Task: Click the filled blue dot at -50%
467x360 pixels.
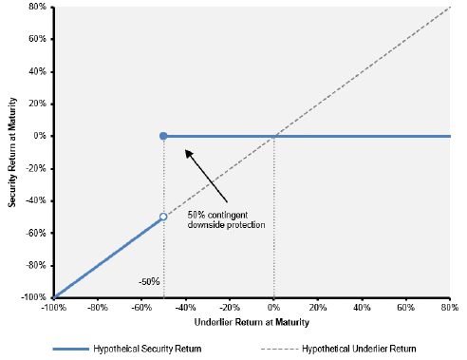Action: (163, 136)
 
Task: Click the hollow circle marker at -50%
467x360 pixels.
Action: (163, 217)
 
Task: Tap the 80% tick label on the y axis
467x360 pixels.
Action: (37, 7)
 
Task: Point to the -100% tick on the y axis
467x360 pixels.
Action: (33, 297)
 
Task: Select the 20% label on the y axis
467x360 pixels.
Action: (37, 104)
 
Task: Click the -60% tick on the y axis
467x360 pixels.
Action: (36, 233)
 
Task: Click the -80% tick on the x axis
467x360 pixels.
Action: (98, 308)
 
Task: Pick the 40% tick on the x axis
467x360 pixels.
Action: (362, 308)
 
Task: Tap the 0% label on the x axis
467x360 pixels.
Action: (273, 308)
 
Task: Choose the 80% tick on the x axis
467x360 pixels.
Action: (450, 308)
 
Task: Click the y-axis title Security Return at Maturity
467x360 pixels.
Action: (12, 152)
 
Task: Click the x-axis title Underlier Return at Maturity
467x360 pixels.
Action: (252, 322)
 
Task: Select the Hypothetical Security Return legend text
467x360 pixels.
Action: (147, 349)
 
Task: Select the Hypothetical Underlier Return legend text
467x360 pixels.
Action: (359, 349)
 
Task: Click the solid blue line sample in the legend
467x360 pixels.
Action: (71, 349)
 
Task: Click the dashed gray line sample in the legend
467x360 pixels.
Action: (280, 350)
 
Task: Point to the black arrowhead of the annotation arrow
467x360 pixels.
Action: (189, 154)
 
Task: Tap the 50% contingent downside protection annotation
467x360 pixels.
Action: (226, 219)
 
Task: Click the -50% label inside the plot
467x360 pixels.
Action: (149, 282)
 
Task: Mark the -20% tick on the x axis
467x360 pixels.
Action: (230, 308)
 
